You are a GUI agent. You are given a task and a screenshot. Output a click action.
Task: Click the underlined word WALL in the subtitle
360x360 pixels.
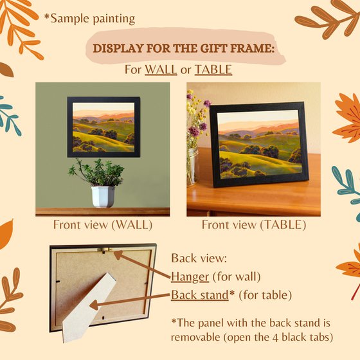click(x=161, y=69)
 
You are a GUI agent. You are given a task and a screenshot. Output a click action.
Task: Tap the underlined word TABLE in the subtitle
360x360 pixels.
click(x=213, y=69)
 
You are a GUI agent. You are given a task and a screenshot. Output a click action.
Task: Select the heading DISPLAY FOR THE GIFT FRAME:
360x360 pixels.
click(x=184, y=48)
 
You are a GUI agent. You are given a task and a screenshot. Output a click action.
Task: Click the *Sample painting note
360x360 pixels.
click(x=89, y=19)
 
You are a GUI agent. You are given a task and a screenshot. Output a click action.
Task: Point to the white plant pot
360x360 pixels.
click(x=103, y=197)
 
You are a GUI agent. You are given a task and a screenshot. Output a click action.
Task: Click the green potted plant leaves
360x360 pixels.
click(x=96, y=172)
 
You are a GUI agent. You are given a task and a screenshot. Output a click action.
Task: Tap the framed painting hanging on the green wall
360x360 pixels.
click(x=104, y=127)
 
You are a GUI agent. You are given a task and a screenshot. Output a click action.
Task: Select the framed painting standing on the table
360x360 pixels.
click(x=259, y=145)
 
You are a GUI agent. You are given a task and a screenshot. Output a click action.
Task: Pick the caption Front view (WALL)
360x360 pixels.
click(x=103, y=225)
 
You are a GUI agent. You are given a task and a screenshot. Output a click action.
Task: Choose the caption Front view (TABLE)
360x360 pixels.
click(x=254, y=225)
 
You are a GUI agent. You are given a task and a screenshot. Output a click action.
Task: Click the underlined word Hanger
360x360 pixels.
click(x=190, y=277)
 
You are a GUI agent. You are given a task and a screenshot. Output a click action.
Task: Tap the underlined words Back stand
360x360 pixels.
click(x=200, y=295)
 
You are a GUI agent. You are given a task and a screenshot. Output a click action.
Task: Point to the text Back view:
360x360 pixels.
click(x=199, y=258)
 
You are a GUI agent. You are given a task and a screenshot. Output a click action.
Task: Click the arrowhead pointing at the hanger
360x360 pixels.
click(x=118, y=255)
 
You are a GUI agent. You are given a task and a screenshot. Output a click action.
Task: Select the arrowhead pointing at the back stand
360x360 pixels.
click(x=94, y=305)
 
